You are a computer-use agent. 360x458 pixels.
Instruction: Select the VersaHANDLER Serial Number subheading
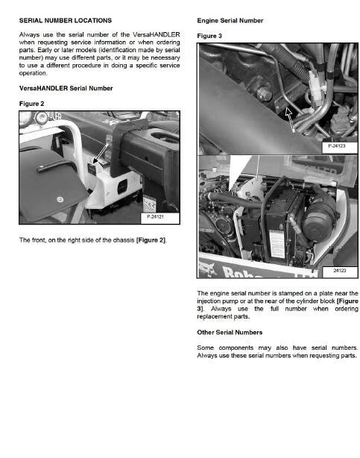pos(66,89)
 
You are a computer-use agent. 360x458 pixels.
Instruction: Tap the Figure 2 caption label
pos(31,103)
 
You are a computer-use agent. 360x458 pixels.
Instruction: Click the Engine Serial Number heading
pos(230,20)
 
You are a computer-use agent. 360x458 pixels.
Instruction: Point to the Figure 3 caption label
pos(210,35)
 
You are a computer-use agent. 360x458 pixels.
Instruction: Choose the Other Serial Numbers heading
pos(229,332)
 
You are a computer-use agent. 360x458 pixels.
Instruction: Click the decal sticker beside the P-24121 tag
pos(149,204)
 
